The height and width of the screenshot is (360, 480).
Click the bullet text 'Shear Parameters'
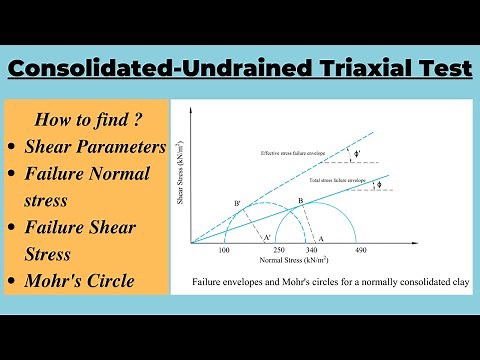[x=96, y=146]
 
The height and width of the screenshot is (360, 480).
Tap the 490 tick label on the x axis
[x=362, y=248]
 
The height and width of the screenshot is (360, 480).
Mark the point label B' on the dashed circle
[x=237, y=203]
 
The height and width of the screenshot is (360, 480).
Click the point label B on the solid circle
[x=299, y=201]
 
